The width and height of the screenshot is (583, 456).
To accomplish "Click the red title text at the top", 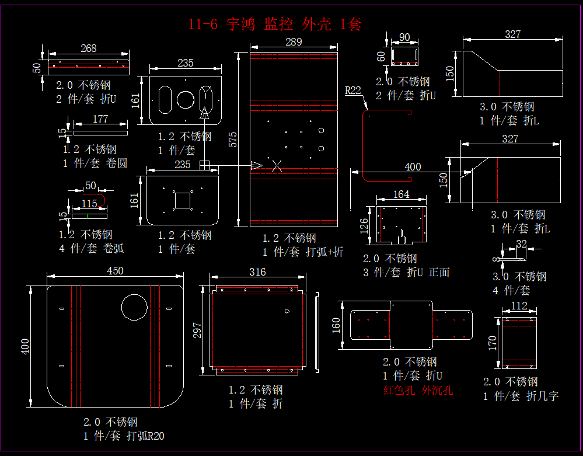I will point(275,24).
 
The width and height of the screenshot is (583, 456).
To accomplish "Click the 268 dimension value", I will point(88,48).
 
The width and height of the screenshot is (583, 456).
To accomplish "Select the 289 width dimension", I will point(294,41).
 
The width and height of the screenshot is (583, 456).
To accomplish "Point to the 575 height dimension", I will point(233,139).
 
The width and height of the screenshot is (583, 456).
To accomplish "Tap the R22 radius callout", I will point(352,90).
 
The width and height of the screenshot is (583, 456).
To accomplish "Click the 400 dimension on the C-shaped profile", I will point(412,167).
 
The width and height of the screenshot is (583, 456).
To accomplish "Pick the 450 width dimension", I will point(115,271).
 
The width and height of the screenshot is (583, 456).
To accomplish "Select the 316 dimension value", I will point(257,272).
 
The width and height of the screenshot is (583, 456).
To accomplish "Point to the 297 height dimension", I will point(197,330).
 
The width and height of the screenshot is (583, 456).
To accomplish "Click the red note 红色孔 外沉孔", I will point(418,391).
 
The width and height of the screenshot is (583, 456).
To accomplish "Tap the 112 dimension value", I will point(519,306).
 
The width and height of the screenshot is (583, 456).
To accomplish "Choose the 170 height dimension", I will point(493,343).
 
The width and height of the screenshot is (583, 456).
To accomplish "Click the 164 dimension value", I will point(402,194).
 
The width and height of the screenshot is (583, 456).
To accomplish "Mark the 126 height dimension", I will point(364,225).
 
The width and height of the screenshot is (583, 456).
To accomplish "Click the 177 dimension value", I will point(100,120).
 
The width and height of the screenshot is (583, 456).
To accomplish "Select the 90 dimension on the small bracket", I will point(404,37).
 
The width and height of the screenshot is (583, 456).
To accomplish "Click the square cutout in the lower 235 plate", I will point(183,200).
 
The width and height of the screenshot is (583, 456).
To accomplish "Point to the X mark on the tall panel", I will point(277,166).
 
